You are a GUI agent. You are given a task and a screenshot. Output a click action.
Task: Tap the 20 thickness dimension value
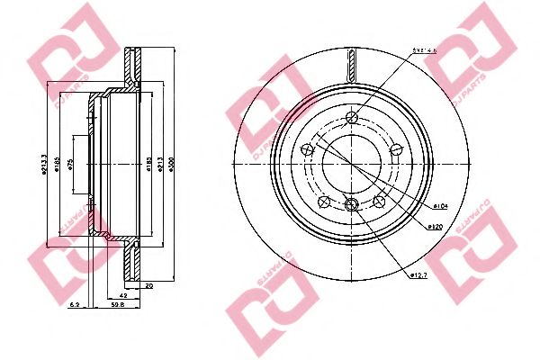[148, 284]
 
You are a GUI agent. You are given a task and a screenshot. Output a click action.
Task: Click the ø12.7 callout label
[419, 275]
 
